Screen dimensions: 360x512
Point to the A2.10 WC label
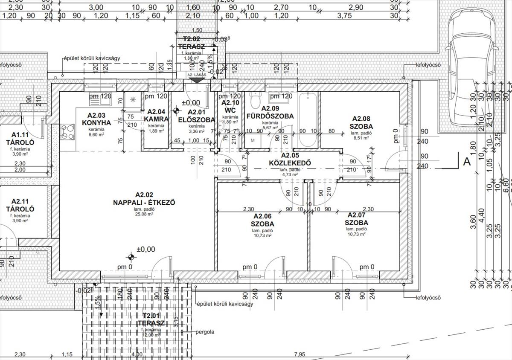click(230, 106)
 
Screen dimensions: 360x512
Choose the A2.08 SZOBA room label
click(361, 123)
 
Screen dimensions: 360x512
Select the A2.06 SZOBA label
click(262, 220)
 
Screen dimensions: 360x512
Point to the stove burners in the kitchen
click(67, 131)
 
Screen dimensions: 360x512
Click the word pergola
click(205, 331)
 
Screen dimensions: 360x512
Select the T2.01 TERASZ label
click(151, 319)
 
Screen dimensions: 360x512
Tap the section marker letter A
click(467, 161)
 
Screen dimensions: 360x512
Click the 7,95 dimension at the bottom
click(300, 354)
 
